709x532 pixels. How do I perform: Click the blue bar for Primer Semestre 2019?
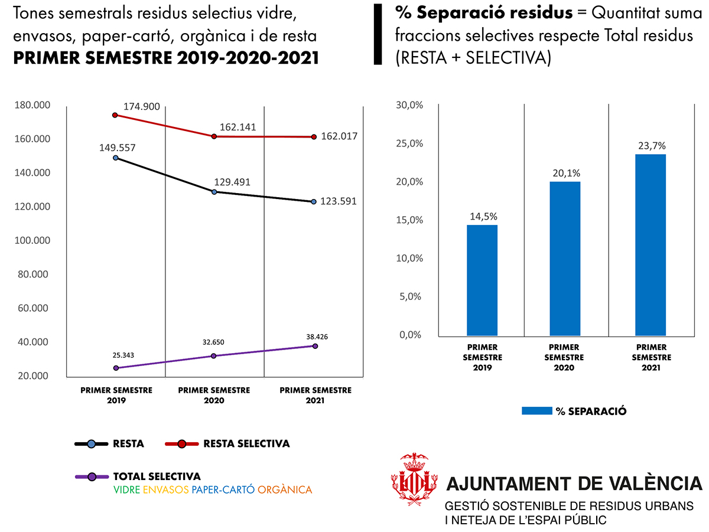482,280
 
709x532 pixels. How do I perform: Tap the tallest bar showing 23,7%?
651,245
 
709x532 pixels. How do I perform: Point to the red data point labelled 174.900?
116,115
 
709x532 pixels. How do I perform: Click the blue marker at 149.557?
116,158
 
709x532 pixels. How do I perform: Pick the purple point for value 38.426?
315,346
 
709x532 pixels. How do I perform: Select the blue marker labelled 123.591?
314,202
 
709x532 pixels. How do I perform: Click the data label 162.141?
238,127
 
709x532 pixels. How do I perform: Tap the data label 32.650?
213,342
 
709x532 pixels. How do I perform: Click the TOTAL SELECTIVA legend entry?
157,476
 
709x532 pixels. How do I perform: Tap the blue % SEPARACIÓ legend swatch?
536,411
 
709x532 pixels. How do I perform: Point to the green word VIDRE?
126,490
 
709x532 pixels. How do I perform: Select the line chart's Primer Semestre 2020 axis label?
214,395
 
